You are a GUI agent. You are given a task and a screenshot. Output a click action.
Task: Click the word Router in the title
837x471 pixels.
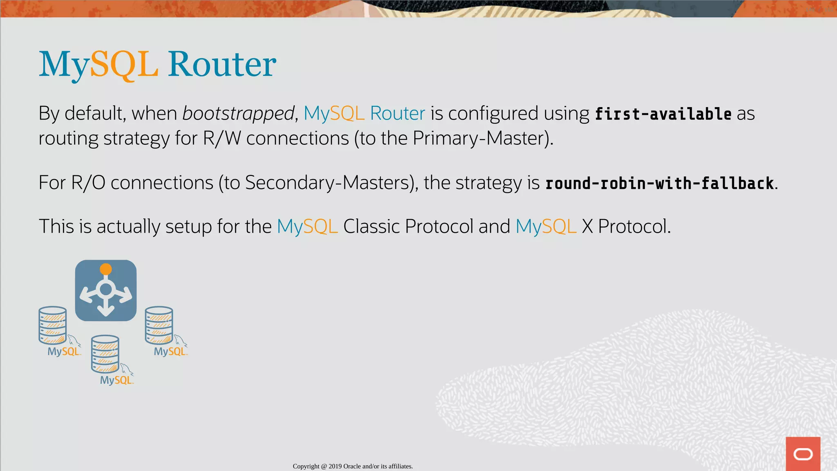tap(222, 64)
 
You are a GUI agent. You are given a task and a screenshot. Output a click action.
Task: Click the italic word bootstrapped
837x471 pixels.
tap(238, 113)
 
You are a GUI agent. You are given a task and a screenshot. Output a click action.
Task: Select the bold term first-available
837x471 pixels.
tap(663, 114)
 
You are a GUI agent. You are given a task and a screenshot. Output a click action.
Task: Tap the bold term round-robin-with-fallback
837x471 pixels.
tap(659, 183)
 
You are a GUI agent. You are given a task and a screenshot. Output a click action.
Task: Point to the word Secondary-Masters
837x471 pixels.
tap(327, 183)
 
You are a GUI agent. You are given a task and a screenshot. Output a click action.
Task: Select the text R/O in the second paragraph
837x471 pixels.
tap(88, 183)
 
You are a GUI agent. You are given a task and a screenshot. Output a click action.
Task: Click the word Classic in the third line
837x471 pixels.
tap(371, 227)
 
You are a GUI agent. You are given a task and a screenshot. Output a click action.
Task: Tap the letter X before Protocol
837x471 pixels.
tap(587, 227)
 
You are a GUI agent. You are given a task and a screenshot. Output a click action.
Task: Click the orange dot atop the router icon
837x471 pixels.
tap(106, 269)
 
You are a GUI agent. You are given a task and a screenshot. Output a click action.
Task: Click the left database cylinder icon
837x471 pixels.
tap(52, 325)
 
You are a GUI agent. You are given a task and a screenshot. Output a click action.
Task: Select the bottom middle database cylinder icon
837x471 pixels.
tap(105, 354)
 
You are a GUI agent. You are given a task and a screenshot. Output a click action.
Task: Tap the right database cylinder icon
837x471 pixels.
tap(159, 325)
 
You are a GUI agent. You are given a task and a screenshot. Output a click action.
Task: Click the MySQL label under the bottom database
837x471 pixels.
tap(116, 380)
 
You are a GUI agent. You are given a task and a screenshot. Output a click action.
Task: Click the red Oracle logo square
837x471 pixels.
tap(803, 454)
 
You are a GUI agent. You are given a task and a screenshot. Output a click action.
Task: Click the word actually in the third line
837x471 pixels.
tap(128, 227)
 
